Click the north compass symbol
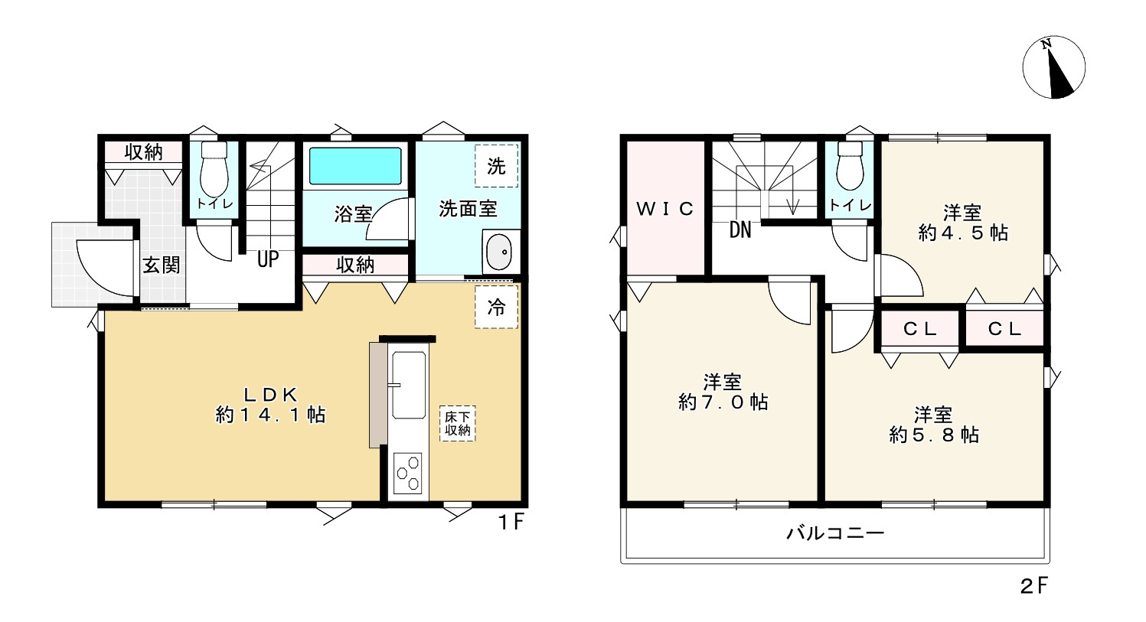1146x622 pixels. [x=1054, y=67]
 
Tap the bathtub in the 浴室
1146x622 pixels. [x=355, y=165]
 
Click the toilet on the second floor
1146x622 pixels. [x=850, y=167]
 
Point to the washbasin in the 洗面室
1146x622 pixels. [x=498, y=252]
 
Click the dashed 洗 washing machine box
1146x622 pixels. [x=496, y=165]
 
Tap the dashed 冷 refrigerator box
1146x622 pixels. [x=496, y=308]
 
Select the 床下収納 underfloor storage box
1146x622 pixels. [x=458, y=424]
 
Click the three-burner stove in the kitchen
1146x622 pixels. [x=407, y=473]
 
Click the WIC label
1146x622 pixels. [x=664, y=208]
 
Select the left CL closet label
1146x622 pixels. [x=919, y=329]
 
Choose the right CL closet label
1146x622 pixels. [x=1004, y=329]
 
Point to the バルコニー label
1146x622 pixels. [x=835, y=532]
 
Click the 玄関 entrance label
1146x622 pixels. [x=162, y=265]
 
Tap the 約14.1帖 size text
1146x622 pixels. [x=271, y=415]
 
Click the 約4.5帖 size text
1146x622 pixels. [x=963, y=233]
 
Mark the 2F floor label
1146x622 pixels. [x=1033, y=586]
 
